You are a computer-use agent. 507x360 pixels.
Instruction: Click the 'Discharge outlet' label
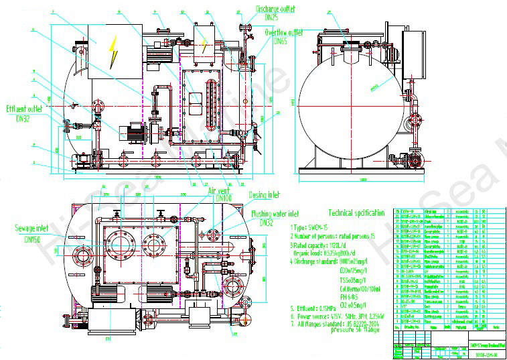(x=275, y=9)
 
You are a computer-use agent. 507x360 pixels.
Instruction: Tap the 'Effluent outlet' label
(x=25, y=109)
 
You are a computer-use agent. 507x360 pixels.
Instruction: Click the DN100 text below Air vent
(x=222, y=198)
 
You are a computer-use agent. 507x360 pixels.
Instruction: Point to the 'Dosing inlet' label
(x=265, y=195)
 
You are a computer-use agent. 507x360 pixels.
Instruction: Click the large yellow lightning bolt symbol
(x=113, y=45)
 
